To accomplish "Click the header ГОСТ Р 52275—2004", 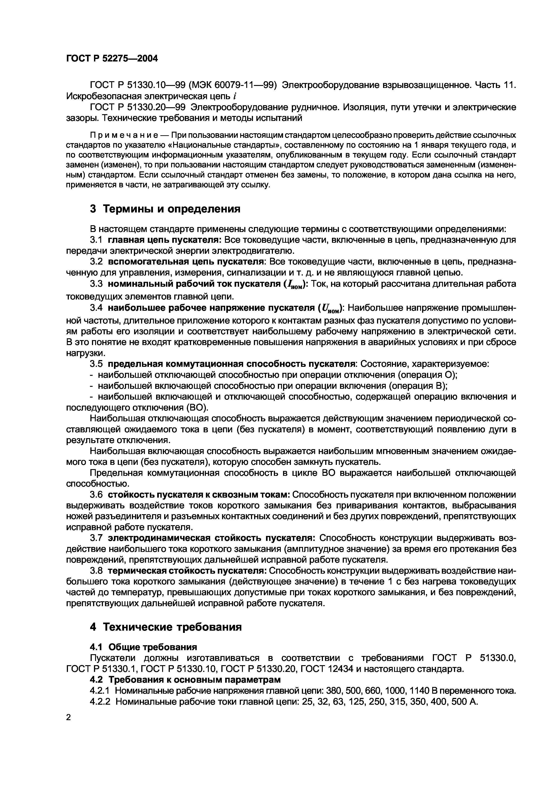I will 112,59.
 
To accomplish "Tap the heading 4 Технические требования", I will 166,627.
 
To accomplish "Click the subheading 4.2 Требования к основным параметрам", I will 185,679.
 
